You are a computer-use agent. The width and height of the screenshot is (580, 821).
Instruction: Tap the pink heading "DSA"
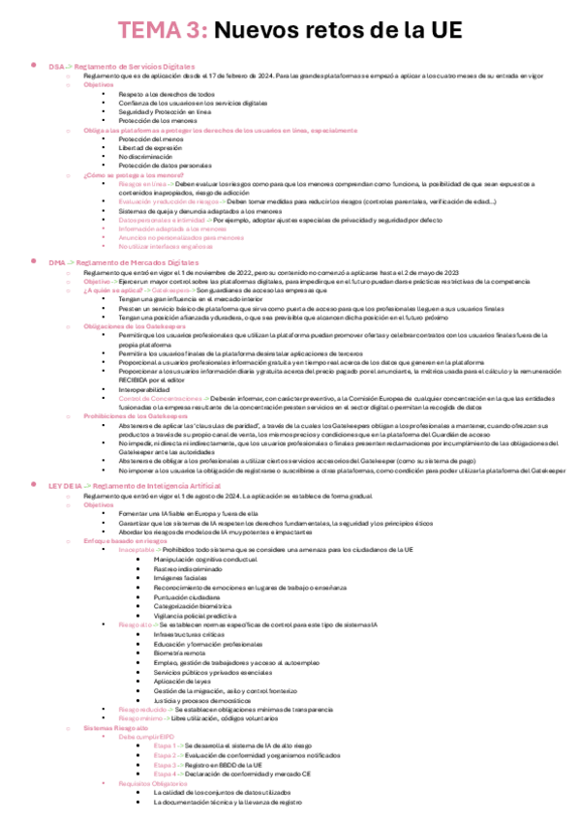coord(56,66)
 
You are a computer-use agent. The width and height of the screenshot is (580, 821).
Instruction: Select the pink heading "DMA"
coord(56,262)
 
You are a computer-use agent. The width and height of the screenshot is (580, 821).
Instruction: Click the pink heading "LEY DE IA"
coord(65,484)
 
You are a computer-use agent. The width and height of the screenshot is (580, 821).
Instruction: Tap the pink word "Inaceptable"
coord(136,548)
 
